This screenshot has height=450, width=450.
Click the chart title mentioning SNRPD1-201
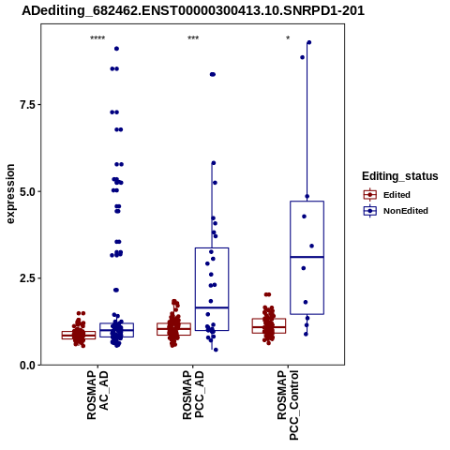[193, 10]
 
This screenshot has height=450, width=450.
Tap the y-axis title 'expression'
[10, 194]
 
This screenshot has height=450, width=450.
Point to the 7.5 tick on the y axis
[27, 105]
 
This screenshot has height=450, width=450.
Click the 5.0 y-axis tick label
[27, 191]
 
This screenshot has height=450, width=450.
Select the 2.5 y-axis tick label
[27, 278]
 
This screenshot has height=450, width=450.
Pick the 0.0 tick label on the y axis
[27, 365]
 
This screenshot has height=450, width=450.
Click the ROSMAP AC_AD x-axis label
[97, 395]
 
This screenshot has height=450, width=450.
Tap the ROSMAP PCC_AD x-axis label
[193, 395]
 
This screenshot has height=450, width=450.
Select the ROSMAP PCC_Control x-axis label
[288, 405]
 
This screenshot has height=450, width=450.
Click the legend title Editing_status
[400, 176]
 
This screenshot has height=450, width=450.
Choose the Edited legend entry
[387, 195]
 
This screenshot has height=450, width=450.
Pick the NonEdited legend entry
[396, 211]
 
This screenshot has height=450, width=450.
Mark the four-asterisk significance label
[97, 38]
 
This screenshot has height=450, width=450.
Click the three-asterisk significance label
[193, 38]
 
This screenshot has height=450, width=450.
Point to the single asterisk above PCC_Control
[288, 38]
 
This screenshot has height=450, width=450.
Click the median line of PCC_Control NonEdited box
[307, 257]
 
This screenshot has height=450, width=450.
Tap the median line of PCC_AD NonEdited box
[212, 307]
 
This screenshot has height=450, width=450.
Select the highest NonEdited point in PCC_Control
[308, 42]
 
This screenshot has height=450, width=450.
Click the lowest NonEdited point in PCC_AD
[216, 350]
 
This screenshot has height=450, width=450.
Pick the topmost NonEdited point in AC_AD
[116, 49]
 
